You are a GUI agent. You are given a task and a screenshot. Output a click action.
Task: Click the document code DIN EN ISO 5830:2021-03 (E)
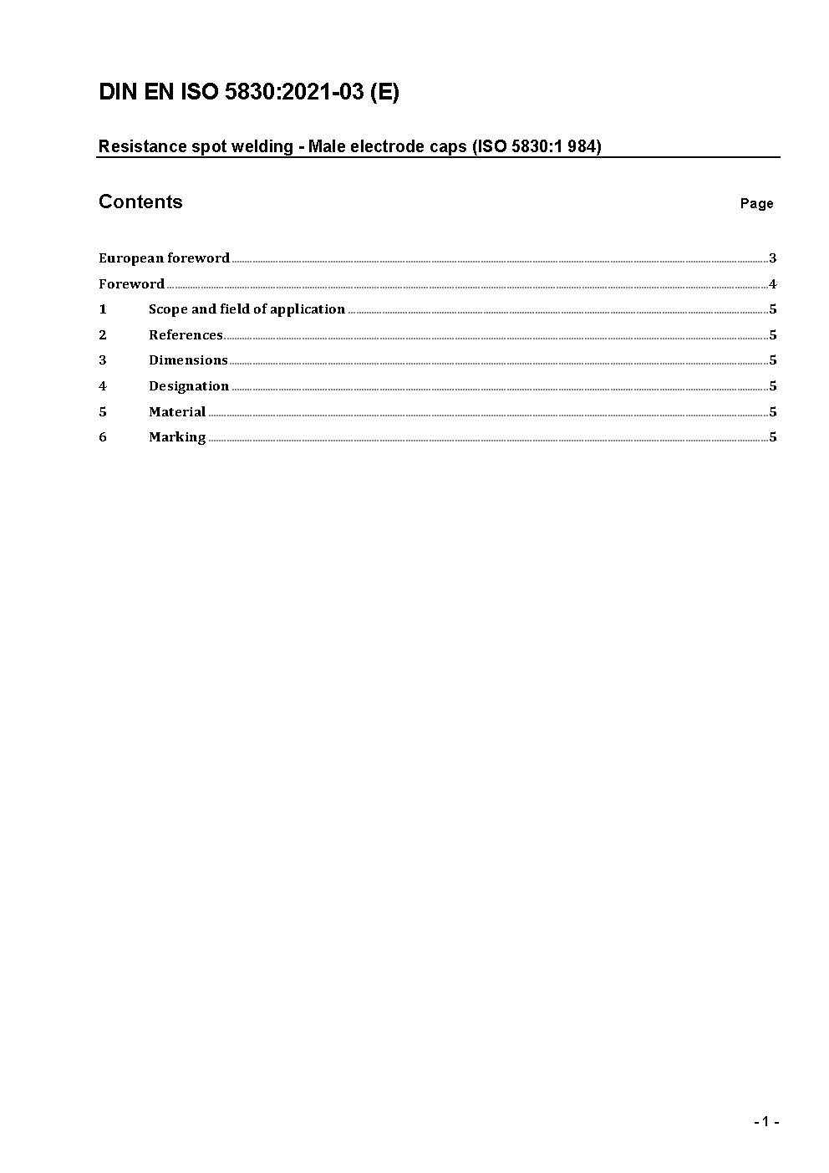click(x=249, y=92)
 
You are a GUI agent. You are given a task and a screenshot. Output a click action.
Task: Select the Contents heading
click(x=140, y=201)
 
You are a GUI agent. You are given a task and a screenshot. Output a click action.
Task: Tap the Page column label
click(x=756, y=203)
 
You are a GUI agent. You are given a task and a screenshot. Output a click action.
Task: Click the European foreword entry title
click(x=164, y=258)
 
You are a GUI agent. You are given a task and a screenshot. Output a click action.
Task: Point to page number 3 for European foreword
click(x=773, y=258)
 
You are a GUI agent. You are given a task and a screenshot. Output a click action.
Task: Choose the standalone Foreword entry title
click(x=131, y=284)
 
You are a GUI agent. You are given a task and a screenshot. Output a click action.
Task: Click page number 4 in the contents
click(x=773, y=284)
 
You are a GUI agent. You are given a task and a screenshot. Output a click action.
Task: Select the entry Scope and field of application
click(x=247, y=309)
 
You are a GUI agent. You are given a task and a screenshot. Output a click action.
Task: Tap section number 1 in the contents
click(x=103, y=309)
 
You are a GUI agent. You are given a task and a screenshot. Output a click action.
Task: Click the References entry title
click(x=186, y=335)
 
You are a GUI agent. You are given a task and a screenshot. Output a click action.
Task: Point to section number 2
click(x=103, y=335)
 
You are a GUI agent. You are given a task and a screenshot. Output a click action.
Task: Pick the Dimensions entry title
click(x=188, y=360)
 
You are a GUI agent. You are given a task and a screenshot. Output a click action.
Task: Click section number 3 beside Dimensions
click(x=103, y=360)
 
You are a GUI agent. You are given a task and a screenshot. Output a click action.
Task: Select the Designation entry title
click(x=189, y=386)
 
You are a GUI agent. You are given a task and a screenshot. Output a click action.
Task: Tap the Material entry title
click(x=177, y=412)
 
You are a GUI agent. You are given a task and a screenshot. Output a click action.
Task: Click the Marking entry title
click(x=177, y=437)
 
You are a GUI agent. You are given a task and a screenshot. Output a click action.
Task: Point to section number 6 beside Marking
click(x=103, y=437)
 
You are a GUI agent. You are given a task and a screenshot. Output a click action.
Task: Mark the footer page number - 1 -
click(x=765, y=1121)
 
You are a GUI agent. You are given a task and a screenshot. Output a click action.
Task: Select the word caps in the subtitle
click(x=447, y=147)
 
